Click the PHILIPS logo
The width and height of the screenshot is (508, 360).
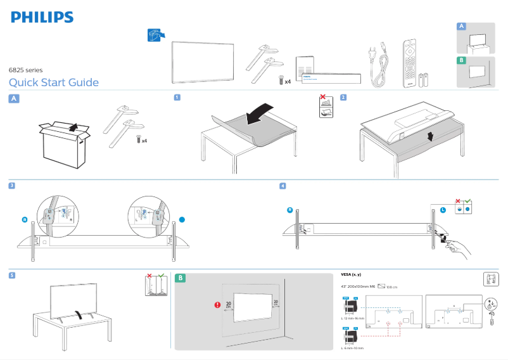pos(42,16)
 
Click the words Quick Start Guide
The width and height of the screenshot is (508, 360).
pos(54,82)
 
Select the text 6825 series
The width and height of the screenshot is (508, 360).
pos(25,70)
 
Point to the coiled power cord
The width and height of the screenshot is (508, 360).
pos(378,66)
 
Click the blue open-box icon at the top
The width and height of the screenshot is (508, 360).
pos(155,35)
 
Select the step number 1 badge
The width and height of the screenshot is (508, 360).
pos(177,98)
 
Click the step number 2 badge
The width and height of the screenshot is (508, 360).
pos(343,98)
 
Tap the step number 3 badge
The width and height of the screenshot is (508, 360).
pos(12,186)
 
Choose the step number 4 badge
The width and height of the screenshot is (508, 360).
pos(283,186)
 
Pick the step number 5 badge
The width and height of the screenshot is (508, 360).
pos(12,276)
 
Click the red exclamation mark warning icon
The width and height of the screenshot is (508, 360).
pos(217,304)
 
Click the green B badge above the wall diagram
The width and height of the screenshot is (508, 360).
pos(181,278)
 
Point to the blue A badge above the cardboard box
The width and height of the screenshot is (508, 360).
pos(14,98)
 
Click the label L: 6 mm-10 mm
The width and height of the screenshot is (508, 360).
pos(352,348)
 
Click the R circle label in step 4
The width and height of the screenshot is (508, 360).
pos(289,210)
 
